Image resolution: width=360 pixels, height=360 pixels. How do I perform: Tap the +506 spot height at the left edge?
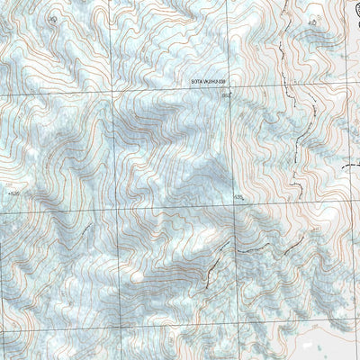tap(12, 192)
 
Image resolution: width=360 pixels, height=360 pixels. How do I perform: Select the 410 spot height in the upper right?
tap(312, 22)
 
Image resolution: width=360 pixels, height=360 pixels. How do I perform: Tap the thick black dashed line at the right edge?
tap(352, 166)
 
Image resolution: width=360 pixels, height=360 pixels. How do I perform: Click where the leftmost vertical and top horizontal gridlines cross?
tap(1, 94)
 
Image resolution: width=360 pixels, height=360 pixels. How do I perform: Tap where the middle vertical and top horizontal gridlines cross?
tap(113, 94)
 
